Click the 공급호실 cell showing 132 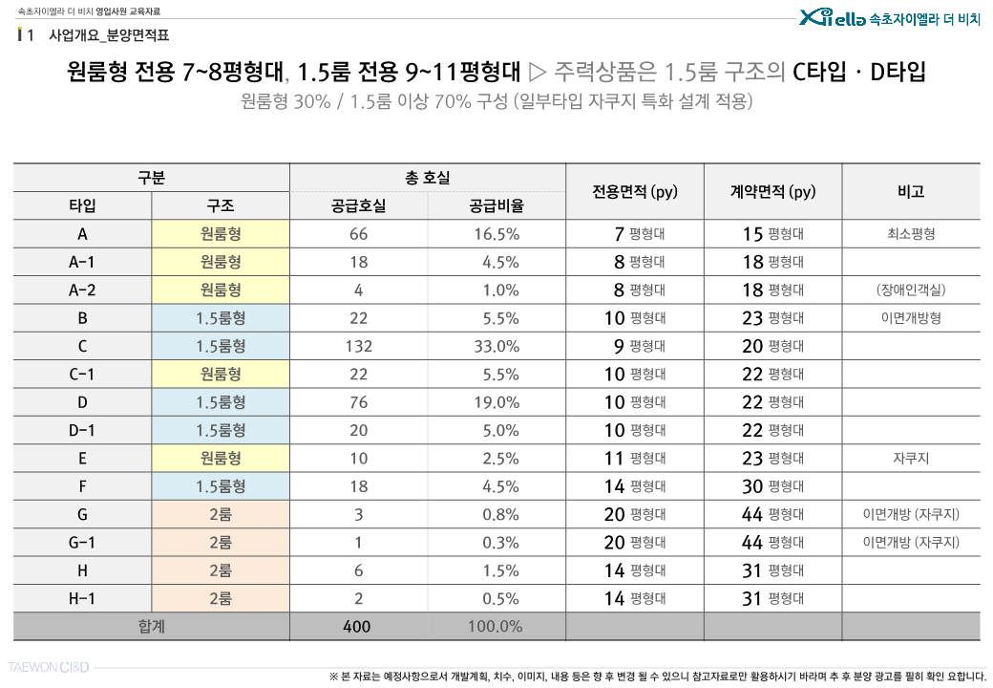[x=359, y=346]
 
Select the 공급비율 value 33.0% [x=496, y=346]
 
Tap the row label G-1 [x=82, y=543]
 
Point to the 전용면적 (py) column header [x=635, y=191]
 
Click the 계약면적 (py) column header [x=772, y=191]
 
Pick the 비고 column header [x=911, y=191]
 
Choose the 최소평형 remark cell [x=911, y=234]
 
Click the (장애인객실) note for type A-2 [x=911, y=290]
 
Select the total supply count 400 [x=359, y=627]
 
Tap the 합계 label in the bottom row [x=152, y=627]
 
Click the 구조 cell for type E [x=221, y=459]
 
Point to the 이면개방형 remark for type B [x=911, y=318]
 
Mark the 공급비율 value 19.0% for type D [x=496, y=402]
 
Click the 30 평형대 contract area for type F [x=772, y=486]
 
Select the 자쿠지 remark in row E [x=911, y=459]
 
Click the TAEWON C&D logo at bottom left [x=49, y=667]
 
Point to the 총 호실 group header [x=428, y=178]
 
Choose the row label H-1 [x=82, y=599]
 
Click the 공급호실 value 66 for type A [x=359, y=234]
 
